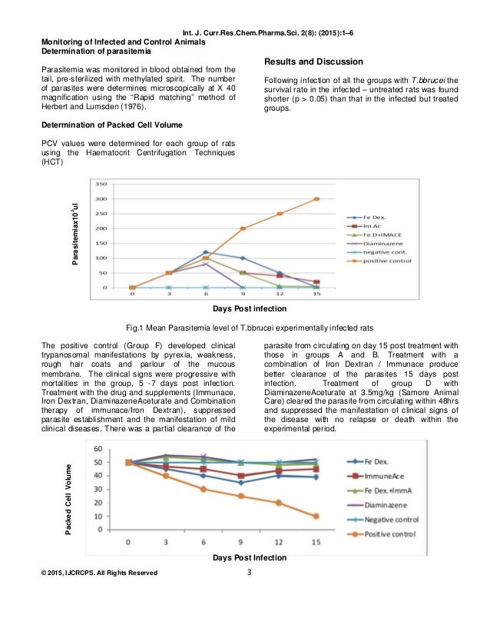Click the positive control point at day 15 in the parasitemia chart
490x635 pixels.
pos(316,199)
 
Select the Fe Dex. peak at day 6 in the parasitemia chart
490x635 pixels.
pos(205,252)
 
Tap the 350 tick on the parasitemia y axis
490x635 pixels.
pos(100,185)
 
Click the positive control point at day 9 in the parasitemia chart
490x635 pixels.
pos(243,228)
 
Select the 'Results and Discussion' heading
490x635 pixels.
pos(314,61)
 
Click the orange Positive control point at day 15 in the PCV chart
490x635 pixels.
pos(316,516)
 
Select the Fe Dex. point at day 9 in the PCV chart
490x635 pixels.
pos(240,483)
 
